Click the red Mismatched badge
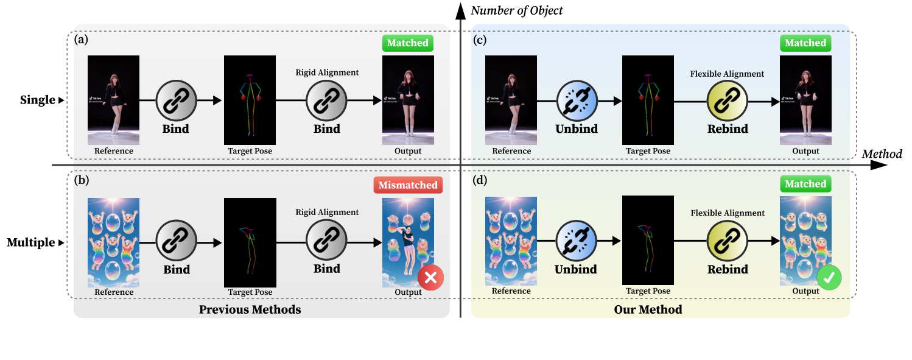point(408,185)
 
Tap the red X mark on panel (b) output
point(430,278)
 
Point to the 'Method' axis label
point(882,154)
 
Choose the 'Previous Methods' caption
point(250,309)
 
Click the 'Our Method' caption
point(648,309)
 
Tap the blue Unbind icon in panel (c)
point(577,101)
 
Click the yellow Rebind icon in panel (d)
point(727,241)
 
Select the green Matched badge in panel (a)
point(408,43)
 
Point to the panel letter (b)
point(81,181)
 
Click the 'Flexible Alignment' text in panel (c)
point(727,74)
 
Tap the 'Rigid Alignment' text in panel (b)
point(327,213)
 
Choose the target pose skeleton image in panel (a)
point(250,99)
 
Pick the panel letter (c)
point(480,40)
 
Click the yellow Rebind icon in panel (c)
point(727,101)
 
